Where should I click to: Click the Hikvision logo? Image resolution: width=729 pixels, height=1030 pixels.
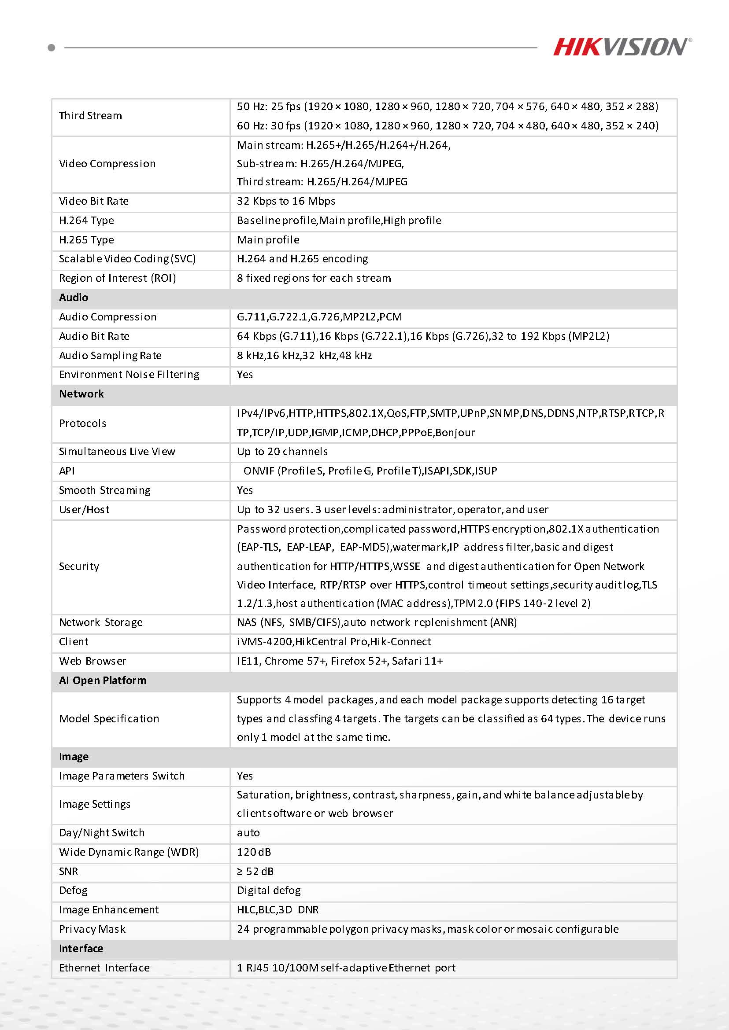(x=622, y=47)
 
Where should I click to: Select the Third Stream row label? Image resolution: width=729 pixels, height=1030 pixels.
(x=90, y=116)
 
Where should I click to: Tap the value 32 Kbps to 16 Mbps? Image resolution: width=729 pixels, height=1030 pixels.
(x=286, y=201)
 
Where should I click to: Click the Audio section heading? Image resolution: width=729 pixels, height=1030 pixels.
(x=74, y=298)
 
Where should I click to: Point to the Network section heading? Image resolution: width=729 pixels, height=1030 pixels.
(x=81, y=394)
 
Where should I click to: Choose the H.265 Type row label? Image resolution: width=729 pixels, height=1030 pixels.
(x=86, y=240)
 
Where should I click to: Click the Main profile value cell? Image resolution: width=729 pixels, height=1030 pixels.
(x=268, y=240)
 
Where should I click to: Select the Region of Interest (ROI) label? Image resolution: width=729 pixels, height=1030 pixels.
(x=117, y=278)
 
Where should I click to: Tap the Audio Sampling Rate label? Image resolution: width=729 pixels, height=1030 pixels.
(x=110, y=356)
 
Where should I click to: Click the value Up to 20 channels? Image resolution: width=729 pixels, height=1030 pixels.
(x=282, y=452)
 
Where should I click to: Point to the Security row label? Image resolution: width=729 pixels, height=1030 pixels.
(x=79, y=566)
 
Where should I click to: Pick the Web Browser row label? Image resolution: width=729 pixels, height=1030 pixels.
(x=93, y=661)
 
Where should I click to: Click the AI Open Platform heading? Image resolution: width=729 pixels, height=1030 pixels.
(x=102, y=681)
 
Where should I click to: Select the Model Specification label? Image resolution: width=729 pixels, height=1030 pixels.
(x=109, y=719)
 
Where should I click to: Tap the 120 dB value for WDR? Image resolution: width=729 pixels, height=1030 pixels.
(x=254, y=852)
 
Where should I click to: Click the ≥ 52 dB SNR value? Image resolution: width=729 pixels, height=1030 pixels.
(x=255, y=872)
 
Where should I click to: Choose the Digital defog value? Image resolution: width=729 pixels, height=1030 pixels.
(x=268, y=890)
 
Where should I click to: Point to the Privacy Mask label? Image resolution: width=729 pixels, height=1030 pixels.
(x=92, y=929)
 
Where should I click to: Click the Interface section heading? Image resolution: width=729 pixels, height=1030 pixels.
(x=81, y=949)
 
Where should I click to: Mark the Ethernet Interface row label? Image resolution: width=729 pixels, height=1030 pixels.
(x=104, y=968)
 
